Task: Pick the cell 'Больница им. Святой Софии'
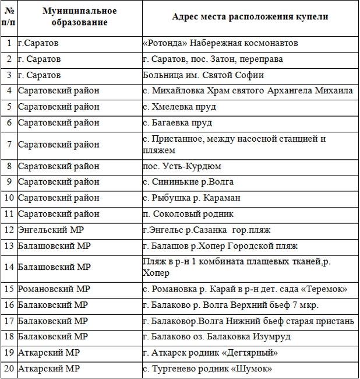pyautogui.click(x=203, y=75)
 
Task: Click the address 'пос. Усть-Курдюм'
pyautogui.click(x=181, y=166)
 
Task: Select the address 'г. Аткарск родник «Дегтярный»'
pyautogui.click(x=210, y=352)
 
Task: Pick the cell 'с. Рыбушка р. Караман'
pyautogui.click(x=191, y=198)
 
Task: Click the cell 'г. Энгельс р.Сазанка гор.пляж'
pyautogui.click(x=206, y=229)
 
